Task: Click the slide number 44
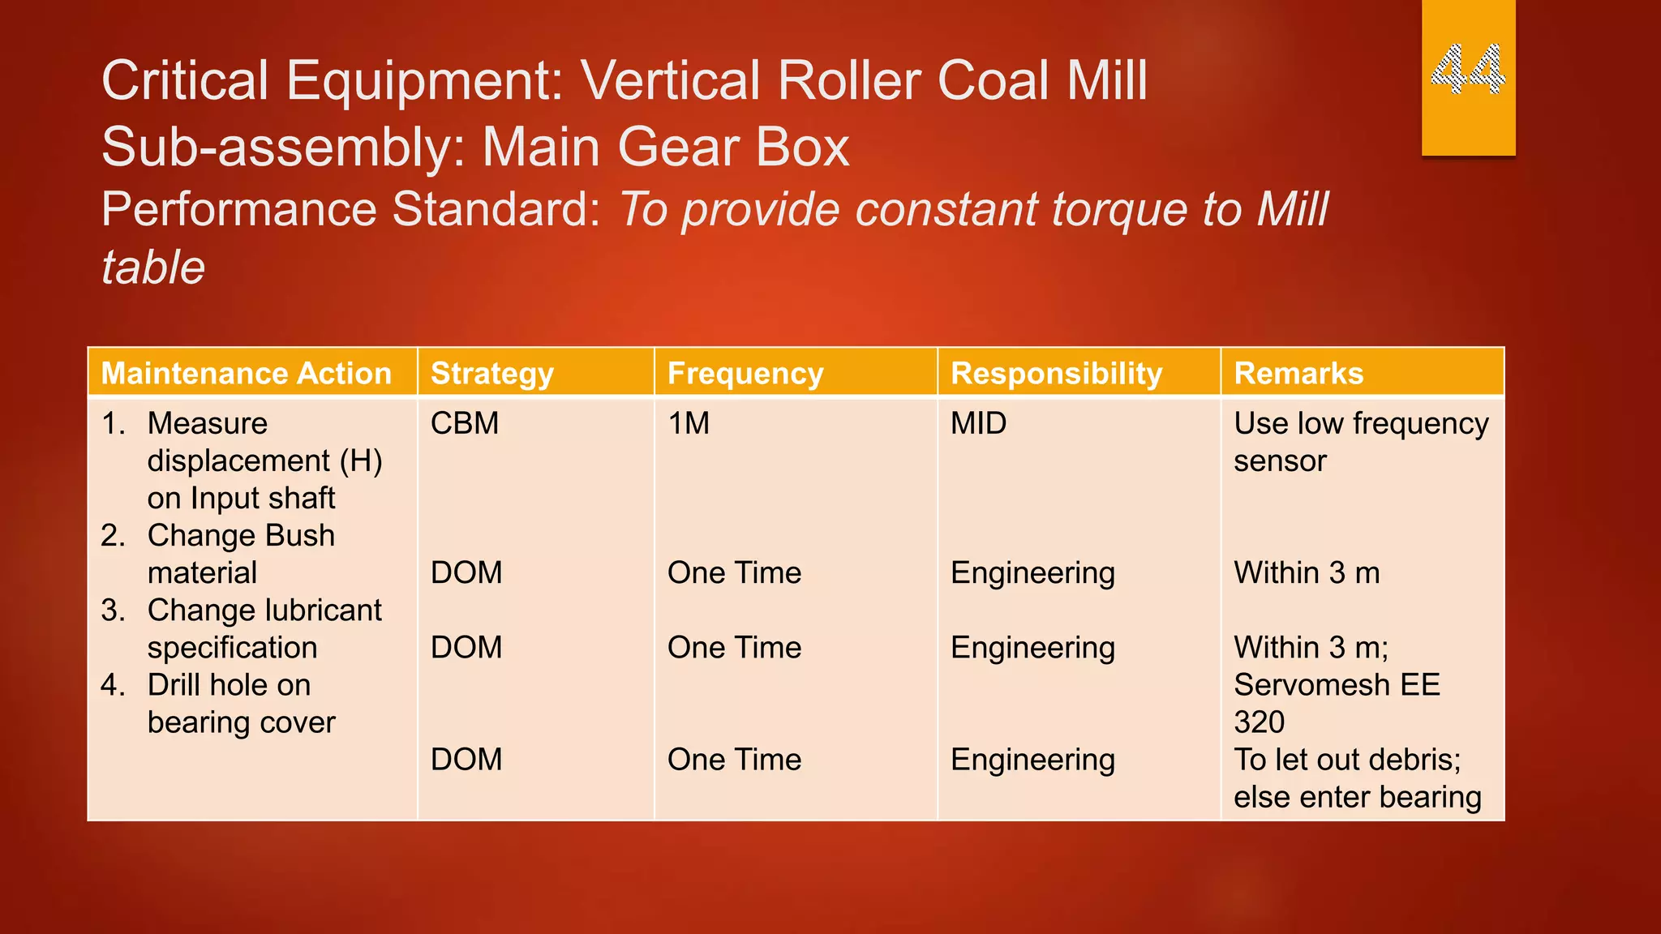tap(1468, 69)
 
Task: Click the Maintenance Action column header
tap(246, 374)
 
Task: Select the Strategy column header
tap(491, 374)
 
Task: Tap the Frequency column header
tap(745, 374)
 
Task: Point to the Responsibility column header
tap(1056, 374)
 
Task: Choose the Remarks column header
tap(1298, 374)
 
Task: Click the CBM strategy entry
tap(464, 423)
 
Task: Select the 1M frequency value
tap(688, 423)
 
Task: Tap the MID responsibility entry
tap(978, 423)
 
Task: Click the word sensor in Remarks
tap(1279, 461)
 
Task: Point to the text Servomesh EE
tap(1336, 685)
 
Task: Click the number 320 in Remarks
tap(1259, 722)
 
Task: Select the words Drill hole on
tap(229, 685)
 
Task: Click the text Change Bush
tap(241, 536)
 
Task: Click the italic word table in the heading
tap(152, 268)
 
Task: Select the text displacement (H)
tap(264, 461)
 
